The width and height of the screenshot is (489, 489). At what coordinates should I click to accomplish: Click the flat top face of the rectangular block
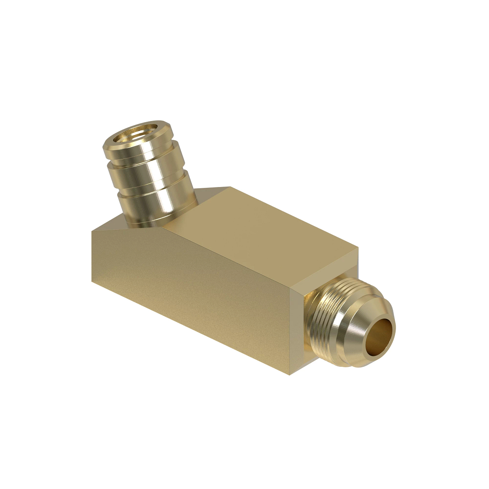[261, 228]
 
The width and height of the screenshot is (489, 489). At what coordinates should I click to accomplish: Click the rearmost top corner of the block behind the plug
[230, 187]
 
